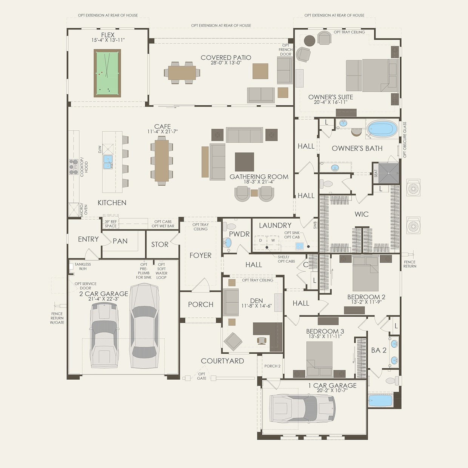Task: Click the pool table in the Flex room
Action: (107, 73)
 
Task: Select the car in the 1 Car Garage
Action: (302, 409)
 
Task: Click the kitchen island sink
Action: (108, 162)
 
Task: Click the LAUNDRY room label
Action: (275, 225)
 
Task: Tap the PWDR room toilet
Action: (229, 227)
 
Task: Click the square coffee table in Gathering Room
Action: (244, 162)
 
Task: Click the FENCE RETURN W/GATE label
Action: (57, 318)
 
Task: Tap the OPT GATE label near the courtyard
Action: (202, 376)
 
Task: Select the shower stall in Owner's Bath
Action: (389, 173)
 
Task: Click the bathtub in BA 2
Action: (380, 400)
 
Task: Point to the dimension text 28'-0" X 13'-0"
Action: (226, 63)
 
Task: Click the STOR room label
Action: (160, 245)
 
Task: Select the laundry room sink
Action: (299, 246)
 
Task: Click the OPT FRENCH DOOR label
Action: (285, 50)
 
